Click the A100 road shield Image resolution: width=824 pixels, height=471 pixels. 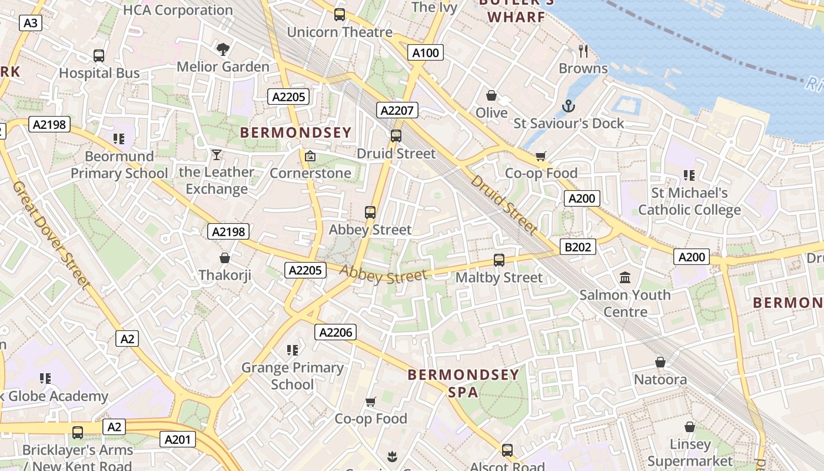coord(425,53)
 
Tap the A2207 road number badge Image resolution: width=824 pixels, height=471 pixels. coord(398,110)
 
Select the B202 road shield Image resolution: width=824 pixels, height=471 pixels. coord(577,247)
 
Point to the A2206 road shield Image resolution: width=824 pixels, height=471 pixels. coord(335,333)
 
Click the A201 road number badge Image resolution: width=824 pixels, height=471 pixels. coord(177,439)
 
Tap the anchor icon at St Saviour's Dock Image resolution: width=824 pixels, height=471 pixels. coord(568,106)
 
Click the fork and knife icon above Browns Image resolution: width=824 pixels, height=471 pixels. coord(583,51)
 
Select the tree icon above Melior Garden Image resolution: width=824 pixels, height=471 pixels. coord(222,49)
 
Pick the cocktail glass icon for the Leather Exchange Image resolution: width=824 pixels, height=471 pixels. coord(217,155)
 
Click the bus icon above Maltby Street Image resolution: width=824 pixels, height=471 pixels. coord(499,260)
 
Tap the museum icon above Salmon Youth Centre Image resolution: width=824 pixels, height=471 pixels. coord(625,277)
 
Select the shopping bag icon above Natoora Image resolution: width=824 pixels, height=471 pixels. coord(660,362)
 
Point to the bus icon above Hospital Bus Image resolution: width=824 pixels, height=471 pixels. coord(99,56)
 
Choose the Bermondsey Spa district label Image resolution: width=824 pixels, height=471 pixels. coord(464,383)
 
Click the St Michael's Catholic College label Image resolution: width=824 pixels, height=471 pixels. coord(689,201)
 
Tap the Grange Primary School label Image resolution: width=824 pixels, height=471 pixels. coord(293,376)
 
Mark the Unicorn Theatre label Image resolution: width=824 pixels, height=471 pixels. coord(340,32)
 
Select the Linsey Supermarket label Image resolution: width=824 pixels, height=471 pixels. coord(690,452)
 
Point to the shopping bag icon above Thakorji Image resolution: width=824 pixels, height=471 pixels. coord(224,258)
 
